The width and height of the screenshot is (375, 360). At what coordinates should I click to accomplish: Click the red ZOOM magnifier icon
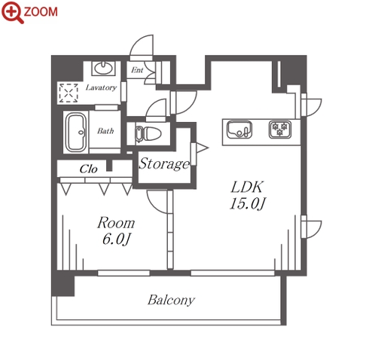point(12,12)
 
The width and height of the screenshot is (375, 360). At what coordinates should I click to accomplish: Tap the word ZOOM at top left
point(41,12)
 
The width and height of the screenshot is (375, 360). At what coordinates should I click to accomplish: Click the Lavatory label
point(101,87)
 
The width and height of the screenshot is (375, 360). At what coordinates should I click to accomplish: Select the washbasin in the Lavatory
point(103,68)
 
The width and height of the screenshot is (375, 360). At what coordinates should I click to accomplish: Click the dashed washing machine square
point(69,93)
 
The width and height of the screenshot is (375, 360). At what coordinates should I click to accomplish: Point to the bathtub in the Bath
point(76,132)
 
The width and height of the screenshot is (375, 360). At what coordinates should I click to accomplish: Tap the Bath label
point(105,131)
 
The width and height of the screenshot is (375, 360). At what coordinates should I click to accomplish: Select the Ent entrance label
point(137,70)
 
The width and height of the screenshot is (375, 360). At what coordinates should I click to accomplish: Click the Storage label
point(164,164)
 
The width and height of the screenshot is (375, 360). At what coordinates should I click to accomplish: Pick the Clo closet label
point(88,169)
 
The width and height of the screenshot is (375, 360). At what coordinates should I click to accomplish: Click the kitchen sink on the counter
point(239,130)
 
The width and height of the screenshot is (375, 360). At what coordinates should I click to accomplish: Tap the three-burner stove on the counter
point(280,130)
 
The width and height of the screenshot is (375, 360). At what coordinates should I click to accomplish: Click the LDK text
point(247,187)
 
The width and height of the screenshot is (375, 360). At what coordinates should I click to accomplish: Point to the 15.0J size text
point(248,203)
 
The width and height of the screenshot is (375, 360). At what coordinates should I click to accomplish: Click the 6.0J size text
point(116,239)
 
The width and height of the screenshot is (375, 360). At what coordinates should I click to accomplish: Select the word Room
point(116,223)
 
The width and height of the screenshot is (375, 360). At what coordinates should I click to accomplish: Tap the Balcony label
point(171,301)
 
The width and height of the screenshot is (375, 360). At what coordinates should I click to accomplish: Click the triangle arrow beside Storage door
point(202,148)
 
